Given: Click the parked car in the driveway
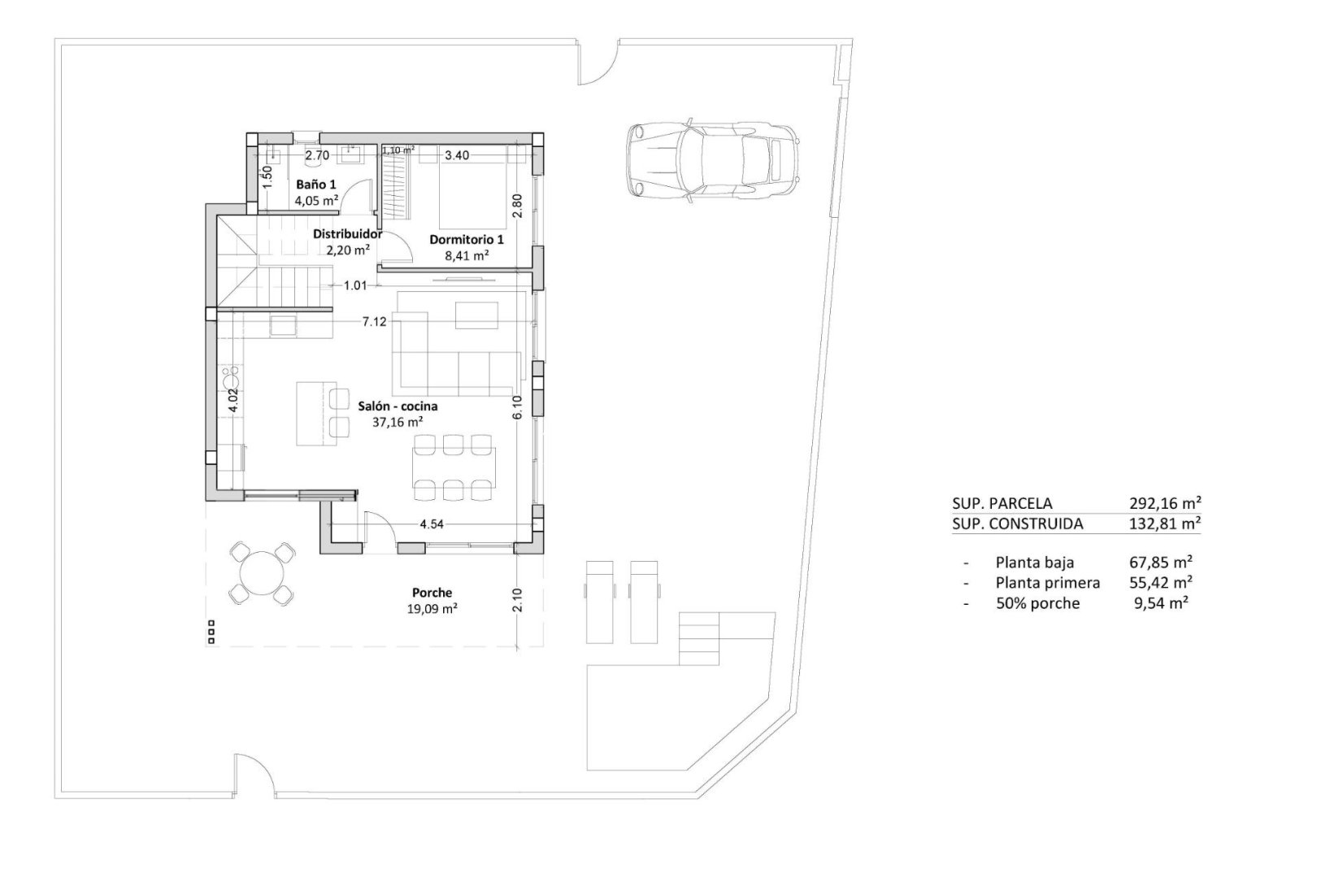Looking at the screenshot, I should (x=713, y=160).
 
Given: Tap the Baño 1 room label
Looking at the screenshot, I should (x=316, y=185).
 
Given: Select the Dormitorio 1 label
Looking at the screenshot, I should (x=466, y=240).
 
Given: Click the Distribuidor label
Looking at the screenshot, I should (x=347, y=234).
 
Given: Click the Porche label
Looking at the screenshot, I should (x=432, y=593).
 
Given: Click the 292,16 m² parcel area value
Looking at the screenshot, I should (x=1165, y=502).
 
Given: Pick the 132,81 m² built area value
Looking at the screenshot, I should (x=1165, y=524).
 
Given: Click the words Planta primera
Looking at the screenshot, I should (x=1047, y=582).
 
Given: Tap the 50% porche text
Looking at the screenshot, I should (x=1037, y=603).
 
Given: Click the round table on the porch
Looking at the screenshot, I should (x=262, y=572).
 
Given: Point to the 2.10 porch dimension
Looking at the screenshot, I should (x=518, y=600).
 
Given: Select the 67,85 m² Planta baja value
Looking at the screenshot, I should (x=1165, y=562).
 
